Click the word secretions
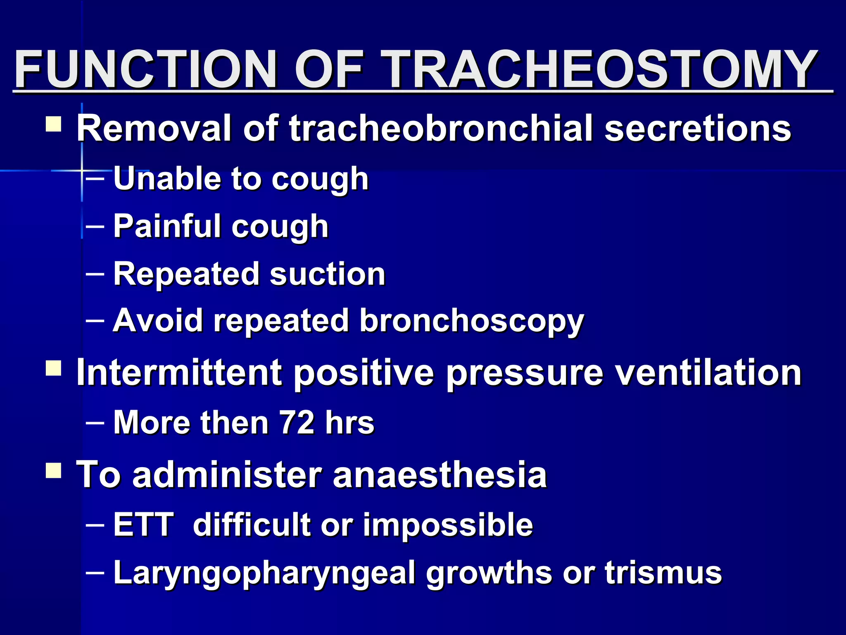pos(698,129)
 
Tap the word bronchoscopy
pos(471,322)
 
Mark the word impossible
pos(448,525)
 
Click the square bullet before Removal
pos(53,124)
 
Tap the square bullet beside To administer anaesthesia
pos(53,470)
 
